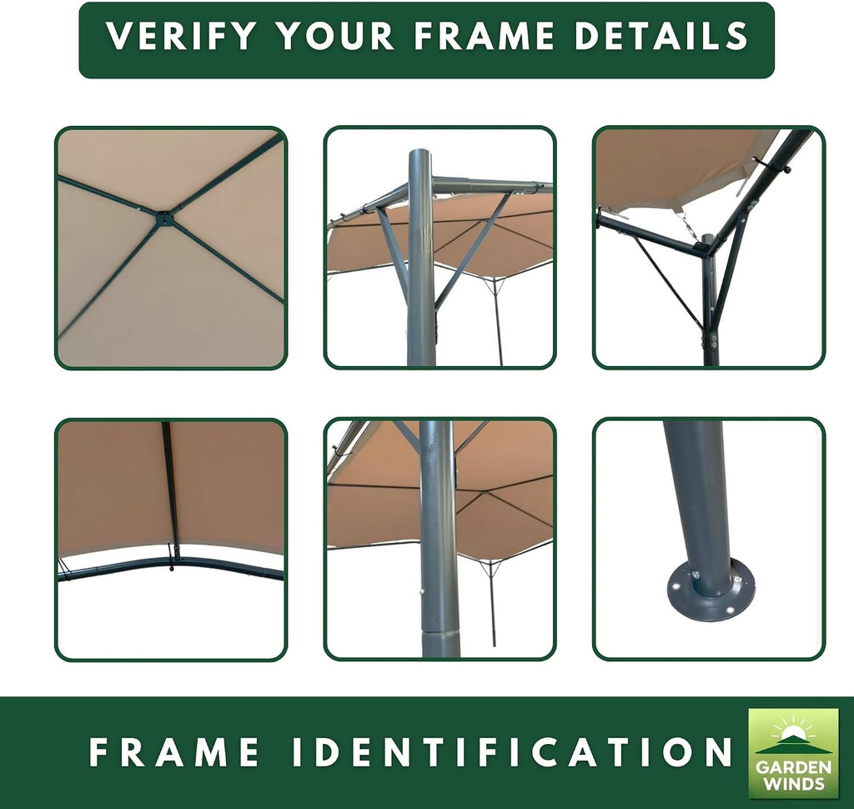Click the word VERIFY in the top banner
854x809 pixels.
[181, 36]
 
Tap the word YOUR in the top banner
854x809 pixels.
[335, 36]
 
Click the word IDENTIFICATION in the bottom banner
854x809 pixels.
[512, 751]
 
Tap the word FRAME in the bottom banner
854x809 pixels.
[174, 751]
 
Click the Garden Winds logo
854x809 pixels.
[793, 753]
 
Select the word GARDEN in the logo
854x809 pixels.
[793, 768]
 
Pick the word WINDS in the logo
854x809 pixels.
[794, 784]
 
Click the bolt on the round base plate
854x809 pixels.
[694, 575]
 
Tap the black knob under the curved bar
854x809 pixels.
[172, 569]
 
